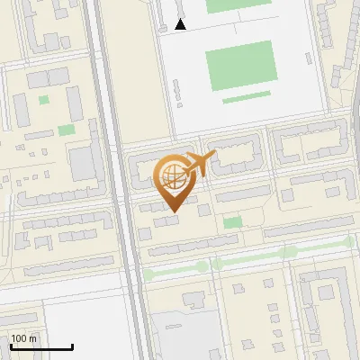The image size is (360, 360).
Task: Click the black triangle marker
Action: (x=181, y=24)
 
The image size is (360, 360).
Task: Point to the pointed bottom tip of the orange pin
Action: (x=174, y=211)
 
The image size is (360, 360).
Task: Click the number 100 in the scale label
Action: (x=18, y=338)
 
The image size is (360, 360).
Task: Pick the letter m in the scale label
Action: (x=32, y=338)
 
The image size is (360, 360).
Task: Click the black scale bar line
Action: (x=41, y=347)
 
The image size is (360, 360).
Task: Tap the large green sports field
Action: (x=240, y=66)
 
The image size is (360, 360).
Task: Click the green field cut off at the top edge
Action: (x=238, y=4)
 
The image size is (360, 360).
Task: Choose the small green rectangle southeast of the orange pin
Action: (x=233, y=221)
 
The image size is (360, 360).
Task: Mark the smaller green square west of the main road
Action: (x=43, y=100)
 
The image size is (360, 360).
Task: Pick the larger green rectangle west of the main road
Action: (x=67, y=130)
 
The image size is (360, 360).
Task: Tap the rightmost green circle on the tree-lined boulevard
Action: (x=349, y=242)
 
